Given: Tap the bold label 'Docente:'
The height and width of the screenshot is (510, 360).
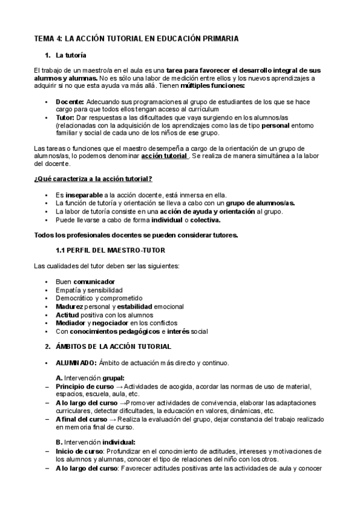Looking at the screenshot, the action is click(x=70, y=102).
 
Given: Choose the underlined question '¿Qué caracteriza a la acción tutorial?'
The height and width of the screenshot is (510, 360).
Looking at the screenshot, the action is click(x=93, y=179).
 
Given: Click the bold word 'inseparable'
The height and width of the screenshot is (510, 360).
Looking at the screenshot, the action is click(x=85, y=195).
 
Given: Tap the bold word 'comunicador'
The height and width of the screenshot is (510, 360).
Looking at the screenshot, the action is click(x=94, y=281).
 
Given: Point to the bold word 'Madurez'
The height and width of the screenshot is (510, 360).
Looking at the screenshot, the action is click(x=71, y=306).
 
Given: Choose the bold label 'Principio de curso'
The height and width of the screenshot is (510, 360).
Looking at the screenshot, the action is click(x=82, y=386).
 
